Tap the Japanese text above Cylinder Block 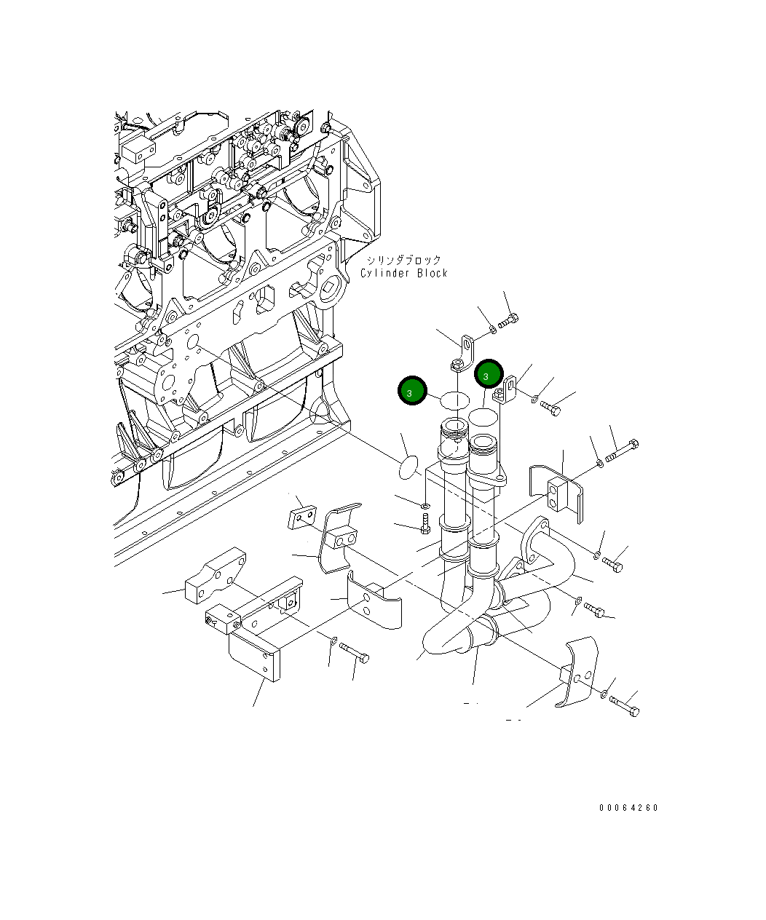[403, 260]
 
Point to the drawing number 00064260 [628, 808]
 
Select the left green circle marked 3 [411, 392]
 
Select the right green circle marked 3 [488, 375]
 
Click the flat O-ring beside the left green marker [454, 400]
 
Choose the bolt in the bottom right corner [624, 705]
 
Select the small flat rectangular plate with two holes [301, 517]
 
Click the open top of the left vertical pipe [454, 427]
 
